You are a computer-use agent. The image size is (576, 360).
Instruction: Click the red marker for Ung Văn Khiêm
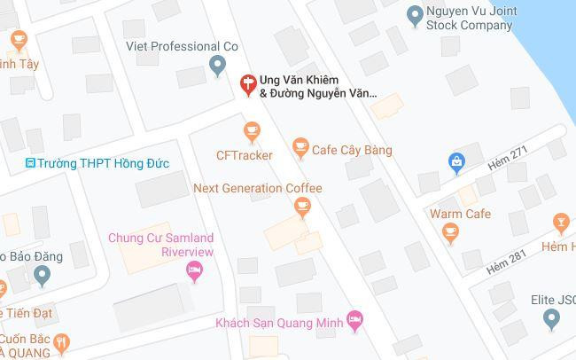pyautogui.click(x=249, y=84)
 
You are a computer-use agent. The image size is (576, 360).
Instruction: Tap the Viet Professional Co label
pyautogui.click(x=182, y=46)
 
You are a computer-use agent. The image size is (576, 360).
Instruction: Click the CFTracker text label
pyautogui.click(x=245, y=155)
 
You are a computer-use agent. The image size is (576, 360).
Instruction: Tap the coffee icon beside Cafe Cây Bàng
pyautogui.click(x=301, y=149)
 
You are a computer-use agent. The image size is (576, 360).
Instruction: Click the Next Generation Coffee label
pyautogui.click(x=257, y=188)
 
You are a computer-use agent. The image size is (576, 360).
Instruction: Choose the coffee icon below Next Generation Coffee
pyautogui.click(x=302, y=207)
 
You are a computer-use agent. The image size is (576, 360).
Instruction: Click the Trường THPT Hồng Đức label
pyautogui.click(x=103, y=163)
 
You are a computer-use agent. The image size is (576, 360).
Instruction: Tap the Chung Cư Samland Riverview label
pyautogui.click(x=161, y=245)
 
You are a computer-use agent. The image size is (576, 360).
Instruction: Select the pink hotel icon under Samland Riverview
pyautogui.click(x=195, y=273)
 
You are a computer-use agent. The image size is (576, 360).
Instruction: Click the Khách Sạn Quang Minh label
pyautogui.click(x=279, y=323)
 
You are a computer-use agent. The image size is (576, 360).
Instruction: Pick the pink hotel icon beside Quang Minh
pyautogui.click(x=354, y=321)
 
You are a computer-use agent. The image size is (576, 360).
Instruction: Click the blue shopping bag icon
pyautogui.click(x=456, y=162)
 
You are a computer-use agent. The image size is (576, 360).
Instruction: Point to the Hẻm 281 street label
pyautogui.click(x=506, y=262)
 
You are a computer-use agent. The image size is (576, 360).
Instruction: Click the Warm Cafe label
pyautogui.click(x=460, y=214)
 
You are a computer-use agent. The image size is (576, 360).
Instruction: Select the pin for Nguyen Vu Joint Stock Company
pyautogui.click(x=413, y=15)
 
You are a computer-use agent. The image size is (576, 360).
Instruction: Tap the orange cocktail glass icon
pyautogui.click(x=560, y=223)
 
